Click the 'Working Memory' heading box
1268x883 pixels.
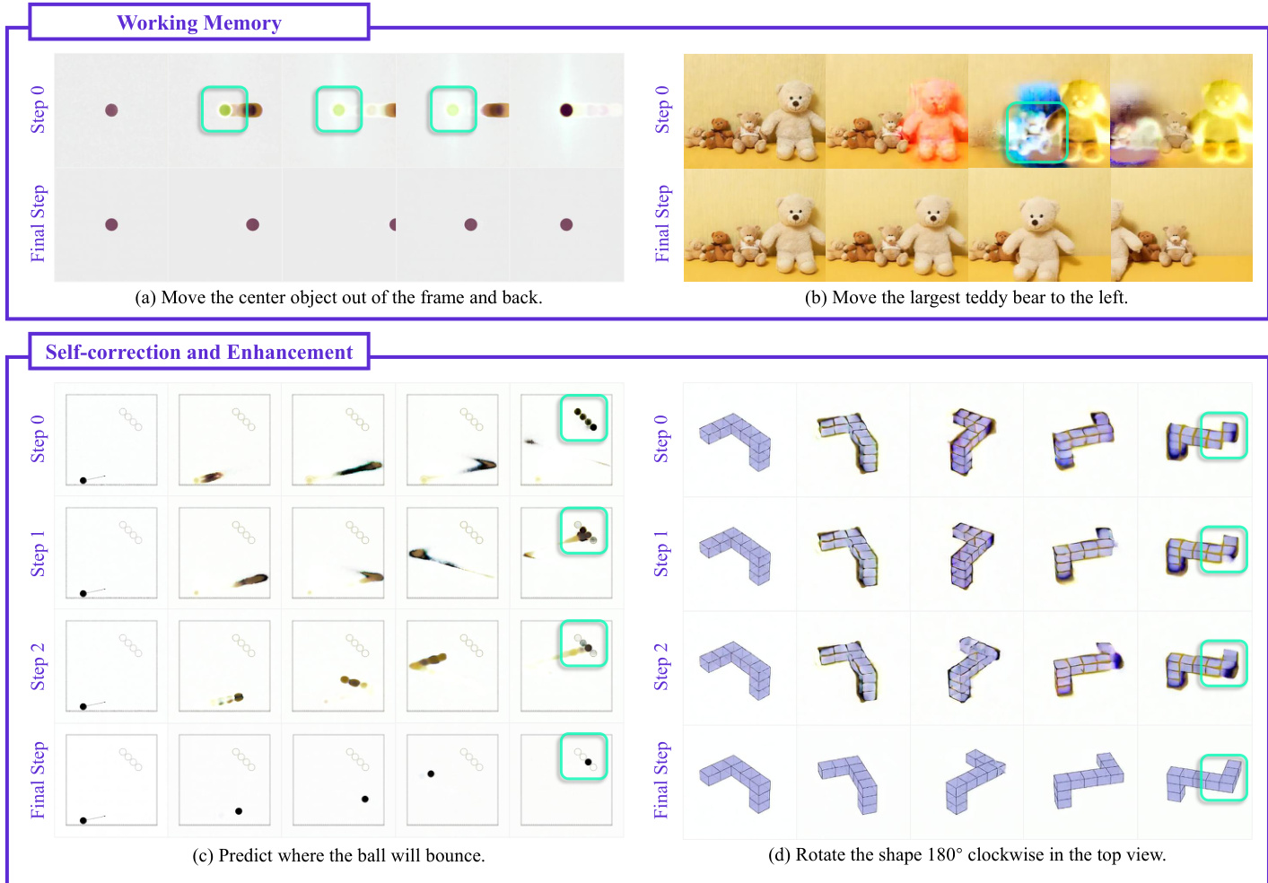click(198, 22)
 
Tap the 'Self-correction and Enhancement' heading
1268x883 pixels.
click(198, 352)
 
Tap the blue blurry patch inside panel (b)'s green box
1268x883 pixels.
click(1036, 133)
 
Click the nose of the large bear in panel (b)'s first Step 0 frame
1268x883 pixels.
click(795, 103)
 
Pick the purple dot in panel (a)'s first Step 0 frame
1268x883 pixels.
click(111, 109)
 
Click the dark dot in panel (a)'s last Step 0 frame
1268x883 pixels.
click(566, 109)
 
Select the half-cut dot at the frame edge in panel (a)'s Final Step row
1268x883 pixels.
click(393, 224)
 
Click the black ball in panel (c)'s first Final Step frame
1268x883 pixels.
click(83, 820)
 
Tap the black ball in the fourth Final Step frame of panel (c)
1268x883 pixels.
click(431, 774)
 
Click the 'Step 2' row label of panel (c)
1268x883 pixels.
click(38, 667)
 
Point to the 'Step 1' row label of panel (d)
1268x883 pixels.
click(660, 554)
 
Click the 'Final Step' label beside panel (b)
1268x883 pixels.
click(661, 223)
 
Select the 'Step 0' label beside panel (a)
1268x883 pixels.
click(38, 109)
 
